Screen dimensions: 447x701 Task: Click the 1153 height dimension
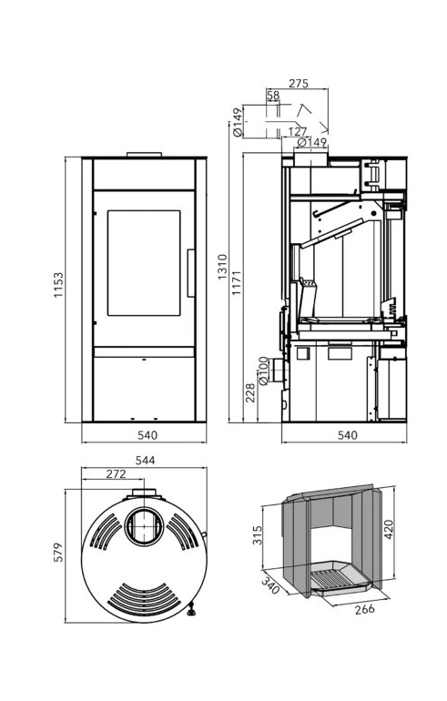[58, 285]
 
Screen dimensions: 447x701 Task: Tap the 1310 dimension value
[222, 267]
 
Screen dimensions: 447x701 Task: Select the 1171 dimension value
[237, 282]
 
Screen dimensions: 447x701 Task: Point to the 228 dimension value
[250, 393]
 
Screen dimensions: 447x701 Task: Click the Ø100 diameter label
[263, 371]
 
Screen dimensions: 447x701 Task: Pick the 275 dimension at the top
[298, 83]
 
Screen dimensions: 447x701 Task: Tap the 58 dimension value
[273, 96]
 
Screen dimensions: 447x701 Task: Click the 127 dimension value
[298, 131]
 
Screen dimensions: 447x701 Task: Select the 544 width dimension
[146, 460]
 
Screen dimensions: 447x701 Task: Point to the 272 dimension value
[117, 474]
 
